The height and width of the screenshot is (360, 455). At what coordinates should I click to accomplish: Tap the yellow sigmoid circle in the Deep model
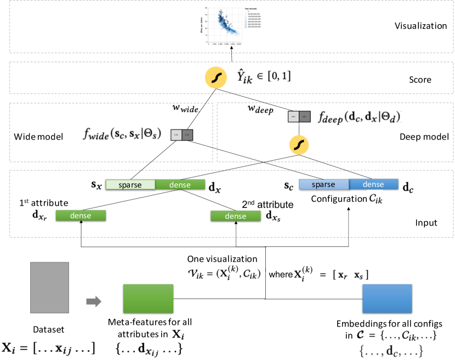[299, 145]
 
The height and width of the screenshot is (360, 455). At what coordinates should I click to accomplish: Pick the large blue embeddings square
[386, 300]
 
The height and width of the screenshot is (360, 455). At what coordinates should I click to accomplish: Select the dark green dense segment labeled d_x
[179, 185]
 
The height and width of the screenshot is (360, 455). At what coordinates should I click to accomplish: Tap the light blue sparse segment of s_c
[323, 185]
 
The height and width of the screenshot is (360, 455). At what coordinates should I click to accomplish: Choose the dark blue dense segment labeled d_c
[374, 185]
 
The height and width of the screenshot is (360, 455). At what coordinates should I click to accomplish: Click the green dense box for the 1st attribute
[81, 216]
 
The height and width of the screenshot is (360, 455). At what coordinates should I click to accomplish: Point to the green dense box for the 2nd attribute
[236, 216]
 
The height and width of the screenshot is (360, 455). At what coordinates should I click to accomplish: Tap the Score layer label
[420, 80]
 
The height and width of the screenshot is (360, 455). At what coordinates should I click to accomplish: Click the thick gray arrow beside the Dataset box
[94, 301]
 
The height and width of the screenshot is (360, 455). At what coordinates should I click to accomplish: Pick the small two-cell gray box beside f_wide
[181, 134]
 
